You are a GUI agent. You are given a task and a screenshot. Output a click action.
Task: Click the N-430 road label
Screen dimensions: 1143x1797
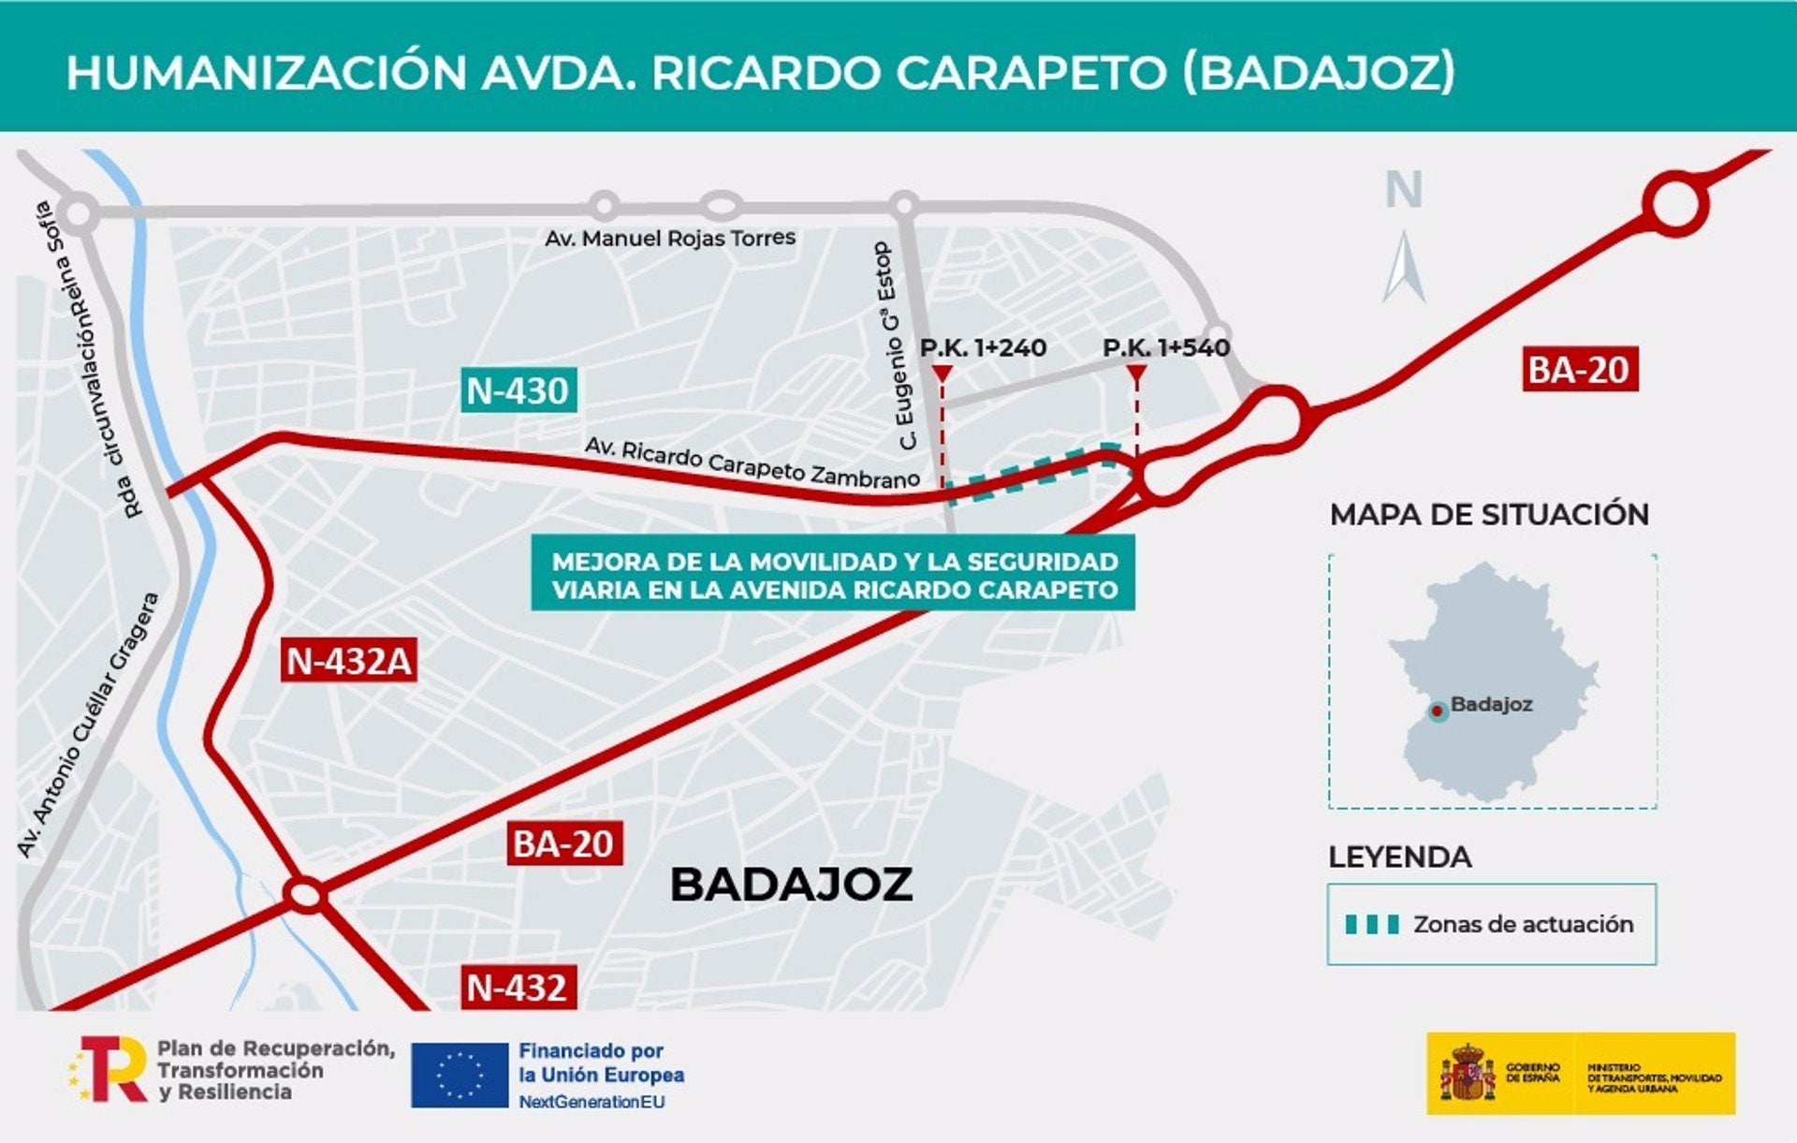click(518, 390)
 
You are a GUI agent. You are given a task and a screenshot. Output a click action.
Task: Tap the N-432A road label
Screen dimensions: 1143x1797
click(348, 661)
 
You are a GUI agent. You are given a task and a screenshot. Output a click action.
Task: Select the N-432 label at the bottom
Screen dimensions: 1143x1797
click(517, 988)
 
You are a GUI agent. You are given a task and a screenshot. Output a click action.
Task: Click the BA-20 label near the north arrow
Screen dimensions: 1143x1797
click(1579, 370)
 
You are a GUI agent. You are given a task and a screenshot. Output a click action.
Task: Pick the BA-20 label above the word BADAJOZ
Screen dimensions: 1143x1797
click(562, 844)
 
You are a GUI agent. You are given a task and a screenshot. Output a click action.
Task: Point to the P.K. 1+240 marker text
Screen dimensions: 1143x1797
click(983, 348)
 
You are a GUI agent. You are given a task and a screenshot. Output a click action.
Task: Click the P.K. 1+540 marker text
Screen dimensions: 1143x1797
click(1166, 348)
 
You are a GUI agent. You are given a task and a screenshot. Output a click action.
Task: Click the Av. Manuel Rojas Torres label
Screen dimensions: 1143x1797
click(670, 239)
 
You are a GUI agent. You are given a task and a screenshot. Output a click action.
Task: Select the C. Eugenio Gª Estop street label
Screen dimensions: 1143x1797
click(895, 346)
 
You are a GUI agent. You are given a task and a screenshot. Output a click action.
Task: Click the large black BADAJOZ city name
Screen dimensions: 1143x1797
click(791, 885)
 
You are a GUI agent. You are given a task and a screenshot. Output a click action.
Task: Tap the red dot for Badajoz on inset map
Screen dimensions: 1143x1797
click(1437, 711)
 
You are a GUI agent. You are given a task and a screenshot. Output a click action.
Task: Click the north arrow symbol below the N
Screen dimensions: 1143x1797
click(1404, 268)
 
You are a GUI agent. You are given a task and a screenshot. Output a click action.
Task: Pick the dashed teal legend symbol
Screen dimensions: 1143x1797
click(1372, 925)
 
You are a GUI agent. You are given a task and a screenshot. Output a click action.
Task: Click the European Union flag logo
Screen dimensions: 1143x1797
click(460, 1076)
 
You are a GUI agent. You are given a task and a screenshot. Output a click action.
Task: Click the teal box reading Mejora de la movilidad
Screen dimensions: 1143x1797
click(833, 574)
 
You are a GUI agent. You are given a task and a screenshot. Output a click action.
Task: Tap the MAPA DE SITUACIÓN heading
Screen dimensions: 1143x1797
click(1489, 515)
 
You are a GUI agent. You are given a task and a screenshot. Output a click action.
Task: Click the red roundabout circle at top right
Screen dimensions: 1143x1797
click(1675, 203)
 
